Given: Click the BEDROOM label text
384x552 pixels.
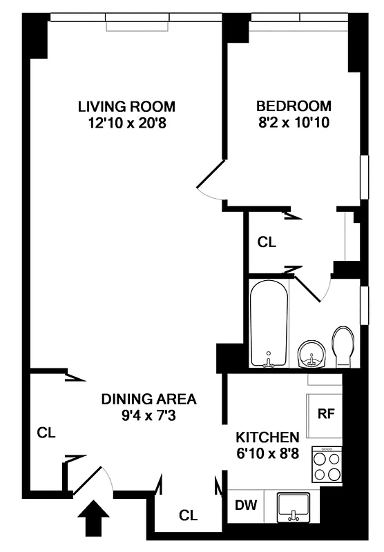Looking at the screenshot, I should [x=294, y=106].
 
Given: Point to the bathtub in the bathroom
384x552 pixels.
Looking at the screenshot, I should [x=269, y=322].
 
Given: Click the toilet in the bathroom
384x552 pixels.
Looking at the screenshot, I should [x=343, y=346].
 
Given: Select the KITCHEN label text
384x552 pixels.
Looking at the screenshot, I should [x=267, y=437].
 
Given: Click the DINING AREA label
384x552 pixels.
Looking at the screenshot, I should [x=149, y=399].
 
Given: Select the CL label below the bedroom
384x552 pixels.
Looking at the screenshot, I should [x=267, y=242].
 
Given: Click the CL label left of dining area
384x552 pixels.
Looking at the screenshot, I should [x=46, y=433].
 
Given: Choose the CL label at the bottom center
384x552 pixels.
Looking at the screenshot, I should [x=188, y=515].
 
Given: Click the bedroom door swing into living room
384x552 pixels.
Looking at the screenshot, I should [x=209, y=181].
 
